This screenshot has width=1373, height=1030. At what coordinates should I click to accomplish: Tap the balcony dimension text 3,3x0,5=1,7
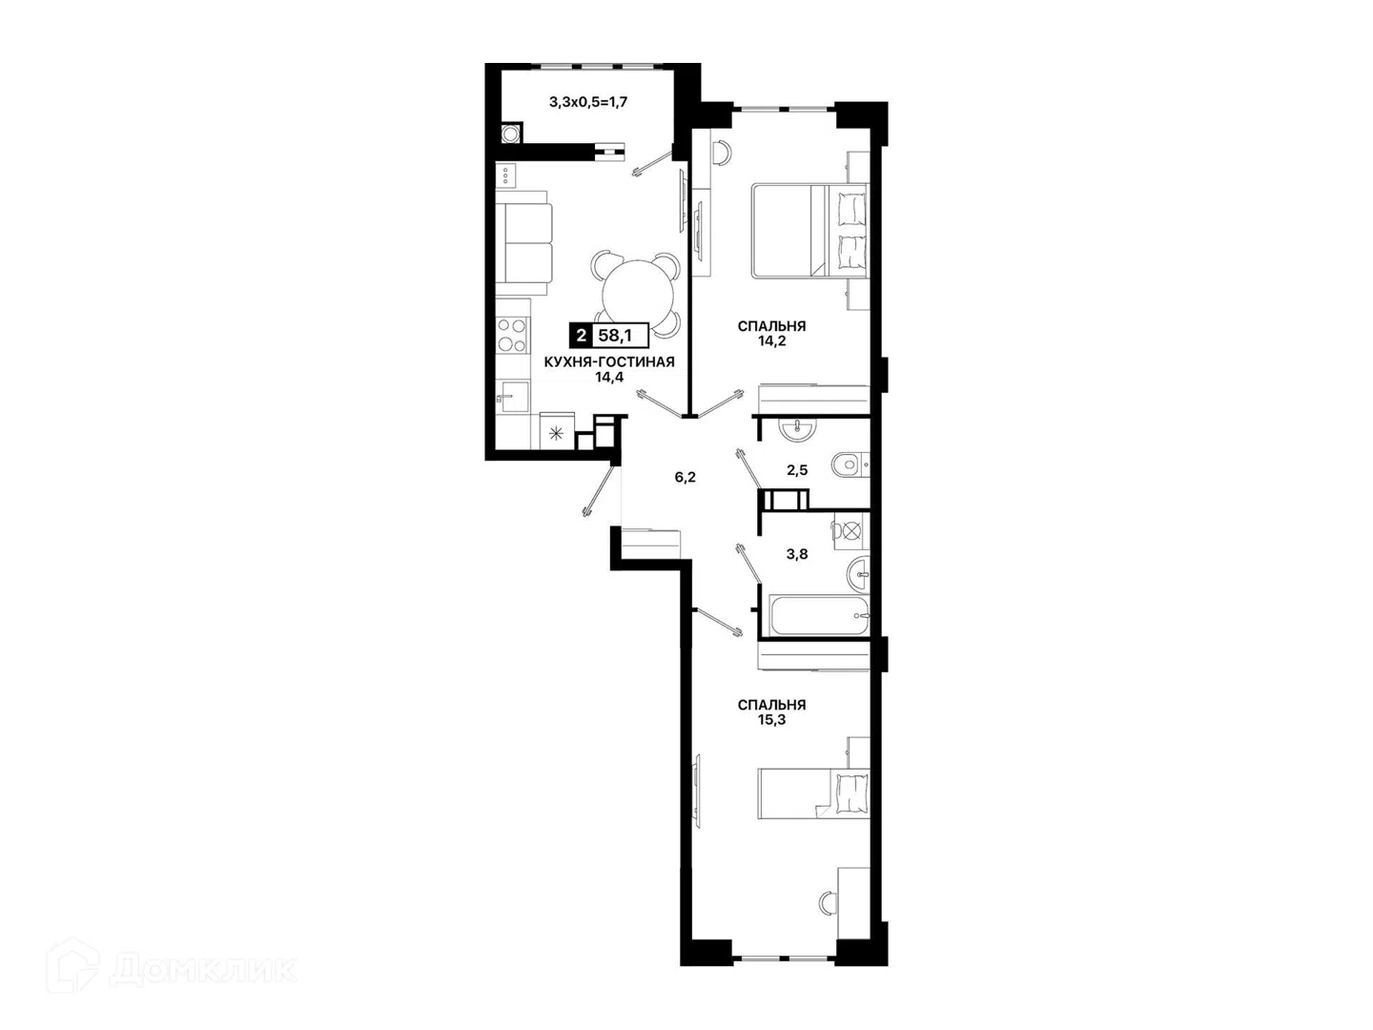pyautogui.click(x=588, y=102)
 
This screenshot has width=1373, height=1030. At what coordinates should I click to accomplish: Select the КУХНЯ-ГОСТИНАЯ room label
pyautogui.click(x=609, y=362)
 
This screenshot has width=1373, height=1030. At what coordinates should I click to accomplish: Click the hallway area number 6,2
pyautogui.click(x=685, y=478)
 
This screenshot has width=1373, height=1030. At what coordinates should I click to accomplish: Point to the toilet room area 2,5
pyautogui.click(x=797, y=470)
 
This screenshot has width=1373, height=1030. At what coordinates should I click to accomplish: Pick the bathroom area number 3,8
pyautogui.click(x=797, y=554)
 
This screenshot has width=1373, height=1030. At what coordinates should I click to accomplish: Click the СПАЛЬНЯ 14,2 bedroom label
pyautogui.click(x=771, y=334)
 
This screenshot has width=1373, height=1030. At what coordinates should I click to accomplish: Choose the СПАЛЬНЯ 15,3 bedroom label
pyautogui.click(x=771, y=712)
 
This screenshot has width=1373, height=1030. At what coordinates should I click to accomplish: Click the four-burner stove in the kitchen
pyautogui.click(x=513, y=336)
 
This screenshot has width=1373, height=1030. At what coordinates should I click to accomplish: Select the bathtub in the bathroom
pyautogui.click(x=819, y=615)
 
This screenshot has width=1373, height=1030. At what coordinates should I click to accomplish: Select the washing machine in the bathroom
pyautogui.click(x=851, y=531)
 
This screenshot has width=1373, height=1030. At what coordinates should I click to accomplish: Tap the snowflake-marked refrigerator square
pyautogui.click(x=557, y=433)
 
